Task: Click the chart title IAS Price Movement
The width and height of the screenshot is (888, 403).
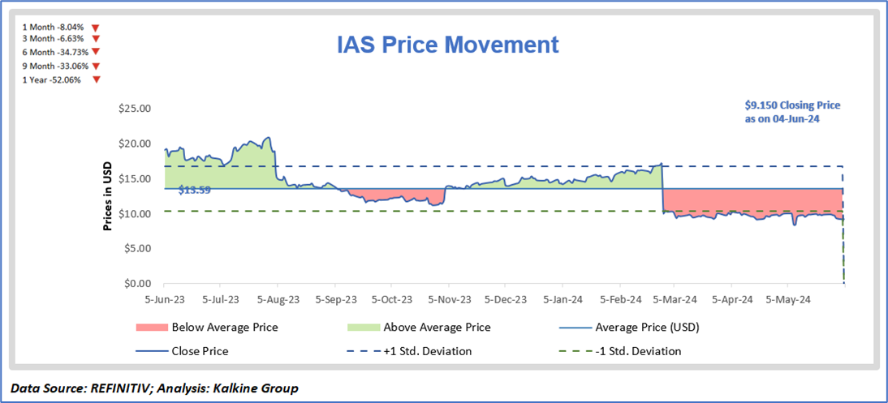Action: tap(448, 44)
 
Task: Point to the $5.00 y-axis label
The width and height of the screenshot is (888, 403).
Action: tap(136, 248)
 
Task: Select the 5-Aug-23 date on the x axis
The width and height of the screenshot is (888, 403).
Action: tap(278, 299)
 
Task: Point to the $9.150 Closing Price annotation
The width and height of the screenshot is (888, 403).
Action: tap(792, 111)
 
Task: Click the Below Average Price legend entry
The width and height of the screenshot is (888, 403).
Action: tap(224, 328)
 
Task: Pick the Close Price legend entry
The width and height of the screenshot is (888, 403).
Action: tap(200, 351)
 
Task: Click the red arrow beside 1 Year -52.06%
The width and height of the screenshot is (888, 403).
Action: tap(97, 79)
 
